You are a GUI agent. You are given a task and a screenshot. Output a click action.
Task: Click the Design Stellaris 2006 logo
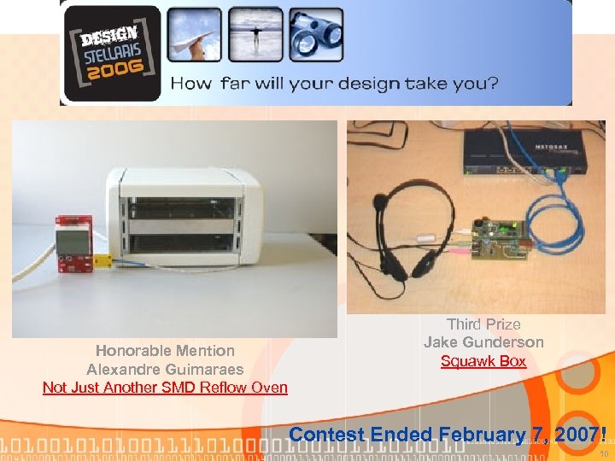[x=111, y=53]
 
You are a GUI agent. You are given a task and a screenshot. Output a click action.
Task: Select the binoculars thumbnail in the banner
[x=315, y=37]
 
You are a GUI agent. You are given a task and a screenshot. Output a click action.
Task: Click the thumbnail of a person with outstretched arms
[x=254, y=37]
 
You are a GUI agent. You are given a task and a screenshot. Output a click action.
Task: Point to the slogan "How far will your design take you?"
[x=335, y=84]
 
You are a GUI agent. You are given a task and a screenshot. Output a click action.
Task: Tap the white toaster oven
[x=182, y=213]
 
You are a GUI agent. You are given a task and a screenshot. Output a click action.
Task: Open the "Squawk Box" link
[x=483, y=361]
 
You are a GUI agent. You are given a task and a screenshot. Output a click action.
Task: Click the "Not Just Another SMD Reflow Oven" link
[x=165, y=388]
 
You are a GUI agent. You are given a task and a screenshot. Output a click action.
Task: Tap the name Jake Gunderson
[x=483, y=342]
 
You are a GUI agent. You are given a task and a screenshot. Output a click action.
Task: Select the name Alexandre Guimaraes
[x=165, y=369]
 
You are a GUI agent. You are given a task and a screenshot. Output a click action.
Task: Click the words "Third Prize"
[x=483, y=324]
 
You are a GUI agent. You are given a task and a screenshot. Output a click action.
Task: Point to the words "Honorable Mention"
[x=165, y=350]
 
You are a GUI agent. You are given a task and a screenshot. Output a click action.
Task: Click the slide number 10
[x=602, y=453]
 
